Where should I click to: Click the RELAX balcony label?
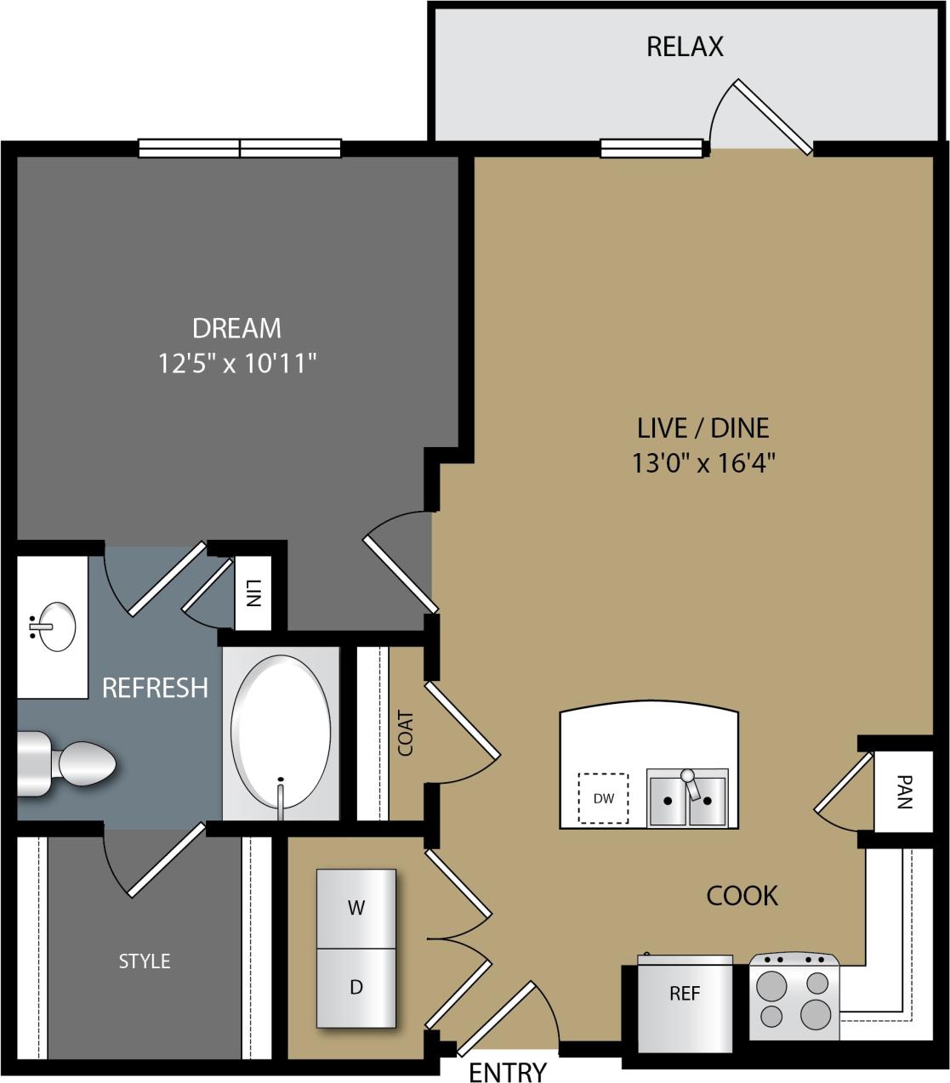click(685, 46)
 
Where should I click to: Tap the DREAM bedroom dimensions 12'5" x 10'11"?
click(237, 364)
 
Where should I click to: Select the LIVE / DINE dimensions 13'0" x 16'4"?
click(703, 463)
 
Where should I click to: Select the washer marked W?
click(356, 908)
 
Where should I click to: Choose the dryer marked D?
click(356, 988)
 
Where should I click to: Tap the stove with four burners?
click(794, 1000)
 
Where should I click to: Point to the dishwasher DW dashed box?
click(603, 798)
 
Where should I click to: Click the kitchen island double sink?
click(687, 798)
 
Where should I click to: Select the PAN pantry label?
click(904, 791)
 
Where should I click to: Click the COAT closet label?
click(406, 733)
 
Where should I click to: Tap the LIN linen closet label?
click(253, 593)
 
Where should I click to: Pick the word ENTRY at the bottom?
click(508, 1072)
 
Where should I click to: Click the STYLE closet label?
click(145, 961)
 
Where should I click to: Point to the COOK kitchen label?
click(742, 895)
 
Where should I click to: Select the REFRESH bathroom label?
click(155, 687)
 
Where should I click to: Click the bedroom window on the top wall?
click(240, 149)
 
